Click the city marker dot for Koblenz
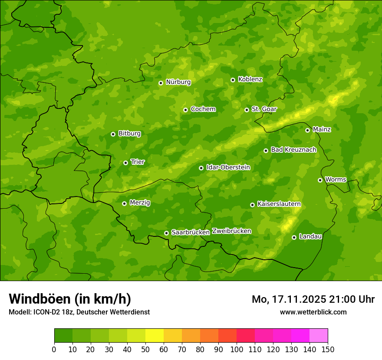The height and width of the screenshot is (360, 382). coord(233,80)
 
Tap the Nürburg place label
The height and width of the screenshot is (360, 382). coord(178,82)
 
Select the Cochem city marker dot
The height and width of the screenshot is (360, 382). coord(185,110)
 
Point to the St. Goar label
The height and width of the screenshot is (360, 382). coord(264,109)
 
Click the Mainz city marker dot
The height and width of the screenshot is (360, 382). coord(307,130)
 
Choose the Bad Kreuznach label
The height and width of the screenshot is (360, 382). coord(293,150)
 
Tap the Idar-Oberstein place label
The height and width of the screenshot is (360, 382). coord(228,167)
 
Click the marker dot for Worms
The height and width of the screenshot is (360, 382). coord(320,180)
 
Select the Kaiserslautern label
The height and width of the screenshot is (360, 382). coord(279,204)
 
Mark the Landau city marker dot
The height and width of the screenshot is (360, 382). coord(294,237)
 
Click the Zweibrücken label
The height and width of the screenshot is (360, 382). coord(231,231)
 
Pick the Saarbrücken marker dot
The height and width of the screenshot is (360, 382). coord(166,233)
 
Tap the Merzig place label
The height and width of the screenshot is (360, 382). coord(140,203)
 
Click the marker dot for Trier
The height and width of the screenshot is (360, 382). coord(125,163)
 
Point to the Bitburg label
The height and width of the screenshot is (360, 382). coord(129,134)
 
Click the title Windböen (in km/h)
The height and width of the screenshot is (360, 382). coord(70,299)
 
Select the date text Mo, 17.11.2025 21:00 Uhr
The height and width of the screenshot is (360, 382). coord(313,299)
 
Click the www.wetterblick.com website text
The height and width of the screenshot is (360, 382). coord(313,312)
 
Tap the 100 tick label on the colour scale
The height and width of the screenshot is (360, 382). coord(237,349)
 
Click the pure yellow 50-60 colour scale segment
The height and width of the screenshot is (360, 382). coord(155,336)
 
